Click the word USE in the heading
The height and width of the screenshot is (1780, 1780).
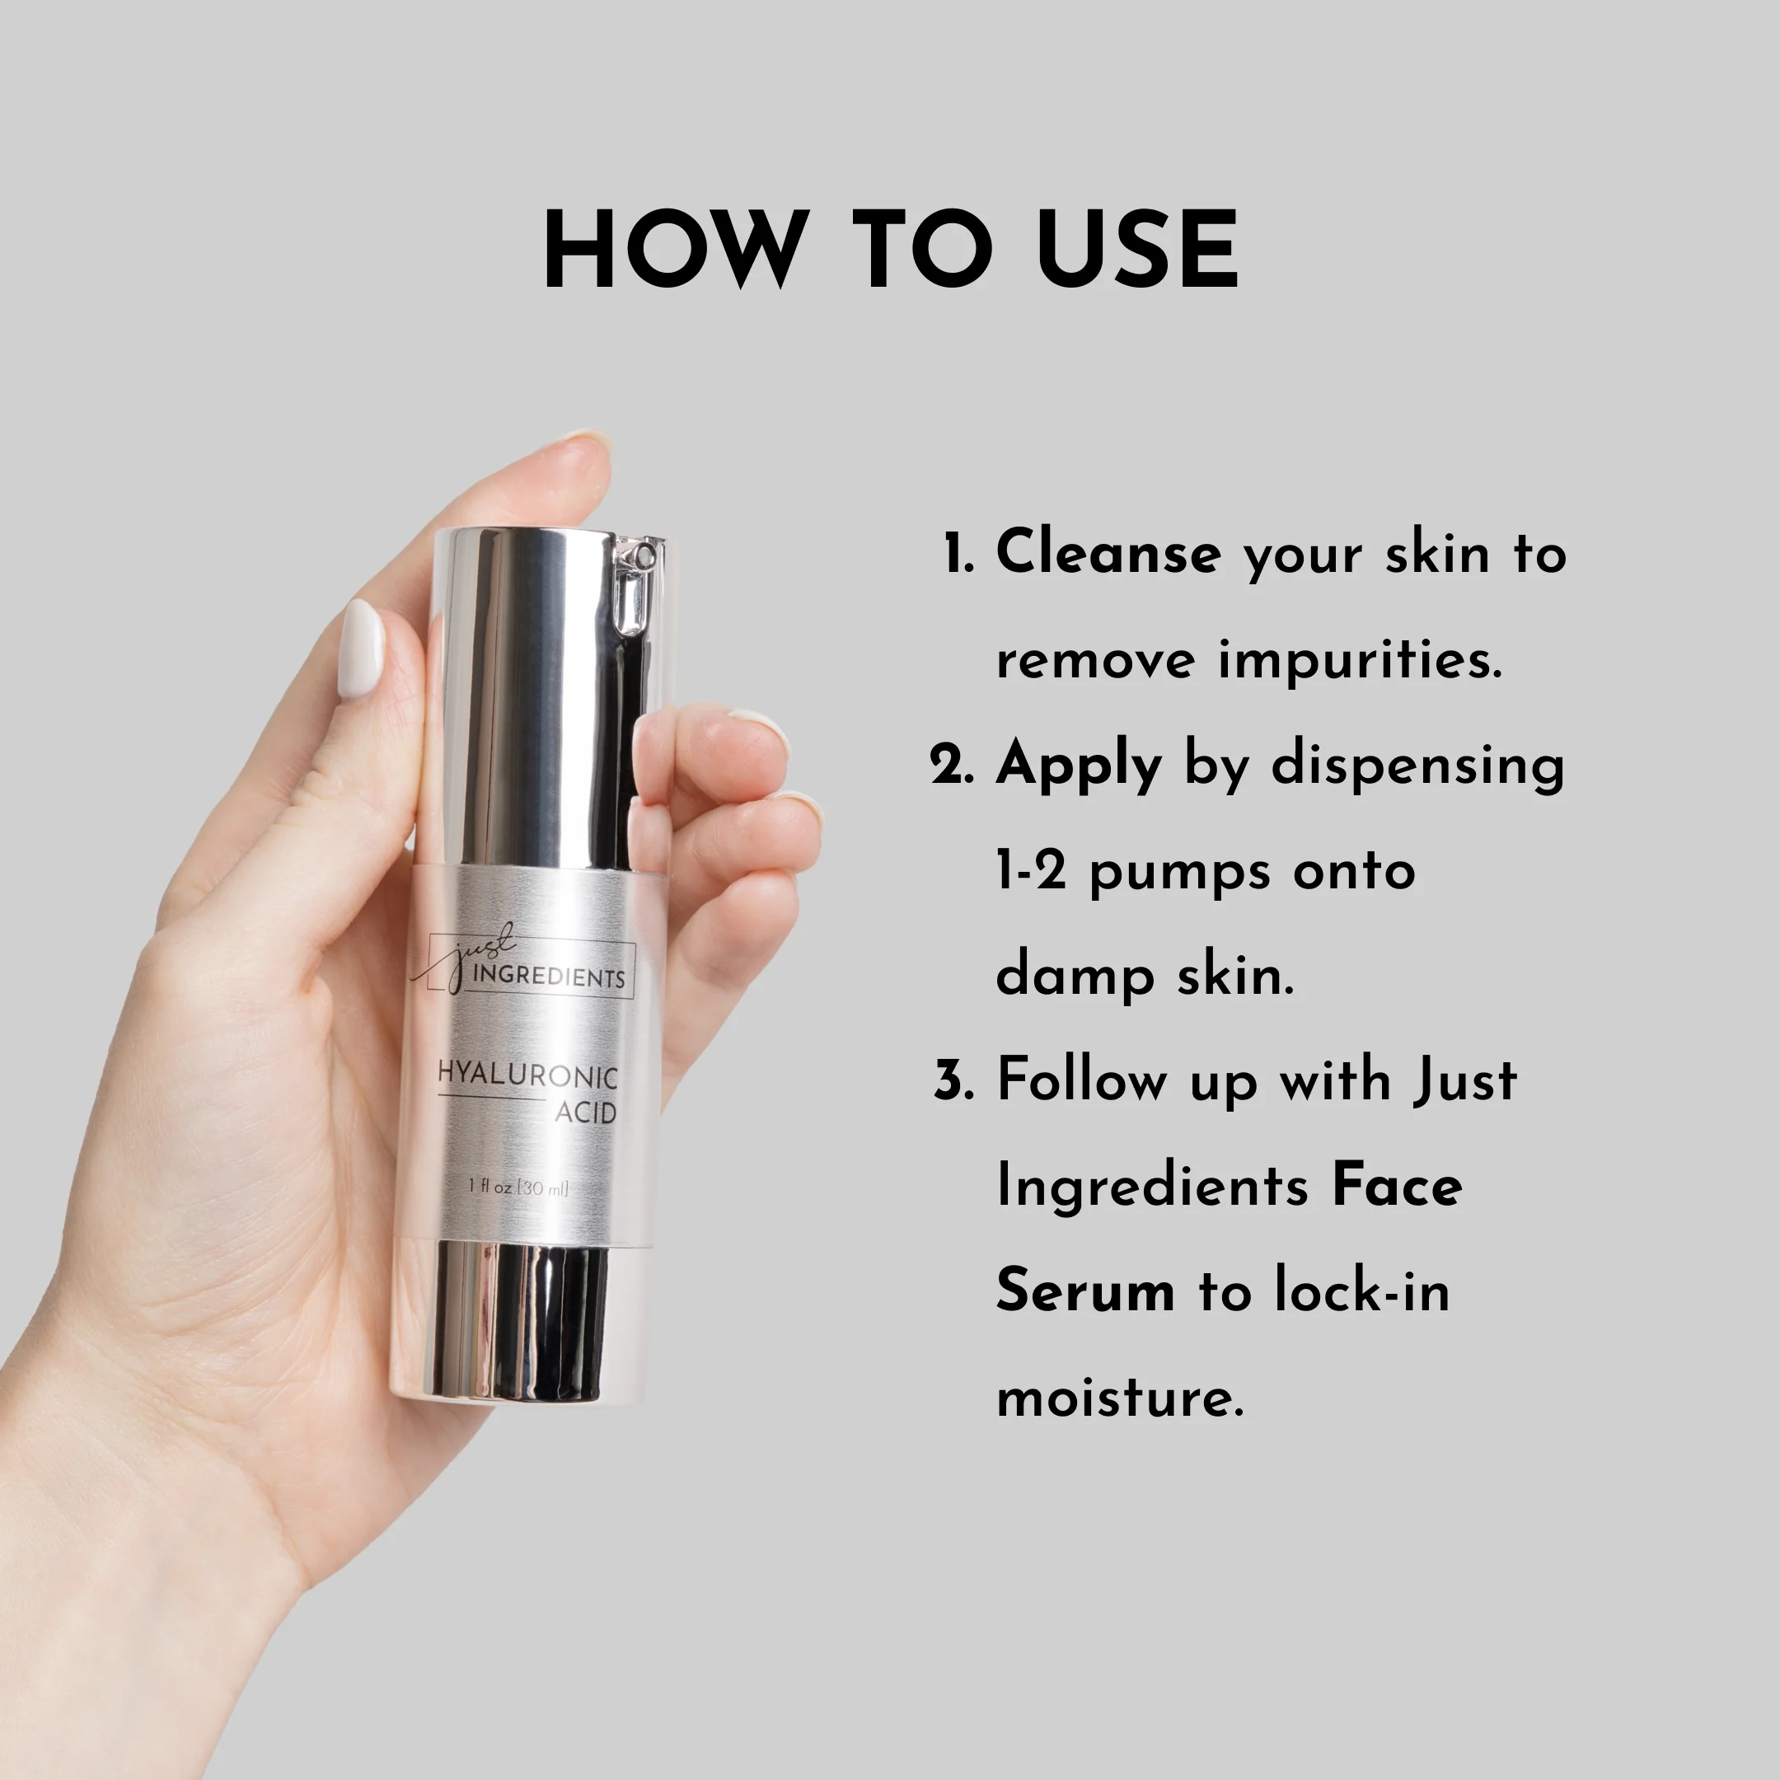pyautogui.click(x=1138, y=249)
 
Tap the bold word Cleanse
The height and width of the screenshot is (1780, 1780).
pyautogui.click(x=1108, y=553)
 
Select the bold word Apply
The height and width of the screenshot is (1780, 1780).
pyautogui.click(x=1079, y=766)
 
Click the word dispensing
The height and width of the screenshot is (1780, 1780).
pyautogui.click(x=1418, y=766)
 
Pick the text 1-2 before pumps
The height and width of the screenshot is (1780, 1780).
pyautogui.click(x=1031, y=871)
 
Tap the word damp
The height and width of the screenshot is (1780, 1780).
pyautogui.click(x=1075, y=976)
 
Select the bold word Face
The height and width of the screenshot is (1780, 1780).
pyautogui.click(x=1397, y=1186)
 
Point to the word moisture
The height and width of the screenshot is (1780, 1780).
pyautogui.click(x=1121, y=1398)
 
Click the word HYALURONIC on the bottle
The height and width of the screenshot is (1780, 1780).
pyautogui.click(x=528, y=1075)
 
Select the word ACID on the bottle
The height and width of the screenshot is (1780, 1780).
pyautogui.click(x=586, y=1114)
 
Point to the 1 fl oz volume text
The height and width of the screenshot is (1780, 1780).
pyautogui.click(x=518, y=1187)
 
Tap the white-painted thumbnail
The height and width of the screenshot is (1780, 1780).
pyautogui.click(x=361, y=649)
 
